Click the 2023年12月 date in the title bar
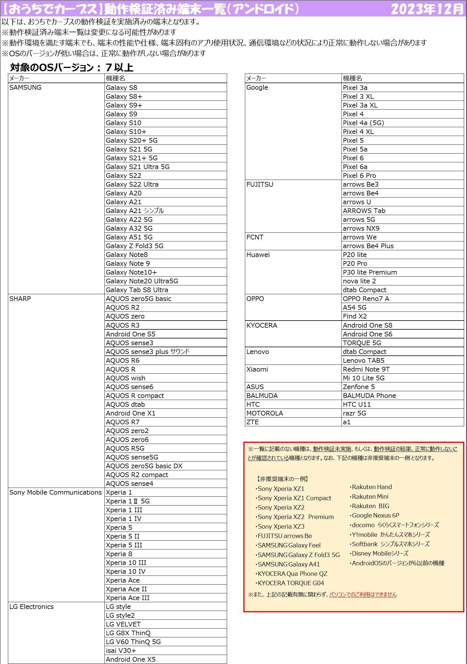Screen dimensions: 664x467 click(x=427, y=9)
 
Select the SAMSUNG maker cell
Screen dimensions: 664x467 click(x=26, y=88)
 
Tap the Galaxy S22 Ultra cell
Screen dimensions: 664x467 click(x=132, y=184)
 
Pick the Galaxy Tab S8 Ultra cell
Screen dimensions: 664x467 click(x=137, y=290)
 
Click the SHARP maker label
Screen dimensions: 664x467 click(x=20, y=299)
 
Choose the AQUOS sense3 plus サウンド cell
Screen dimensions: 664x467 click(x=148, y=352)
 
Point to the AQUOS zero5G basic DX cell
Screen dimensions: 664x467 click(x=144, y=466)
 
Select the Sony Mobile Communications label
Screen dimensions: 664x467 click(x=55, y=492)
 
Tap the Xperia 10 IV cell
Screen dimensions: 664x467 click(x=126, y=571)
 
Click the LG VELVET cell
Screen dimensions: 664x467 click(x=123, y=624)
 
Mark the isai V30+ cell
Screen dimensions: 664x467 click(x=121, y=651)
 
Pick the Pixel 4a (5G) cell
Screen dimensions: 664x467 click(x=363, y=123)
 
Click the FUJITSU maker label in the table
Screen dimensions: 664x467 click(x=260, y=184)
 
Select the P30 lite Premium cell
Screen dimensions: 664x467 click(x=370, y=272)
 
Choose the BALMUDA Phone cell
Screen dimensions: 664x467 click(x=369, y=396)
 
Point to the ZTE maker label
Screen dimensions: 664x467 click(x=253, y=422)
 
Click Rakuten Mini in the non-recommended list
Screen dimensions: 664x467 click(x=370, y=497)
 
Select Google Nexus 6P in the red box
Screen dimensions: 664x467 click(x=375, y=515)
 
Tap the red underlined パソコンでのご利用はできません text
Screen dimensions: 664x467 click(x=363, y=595)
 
